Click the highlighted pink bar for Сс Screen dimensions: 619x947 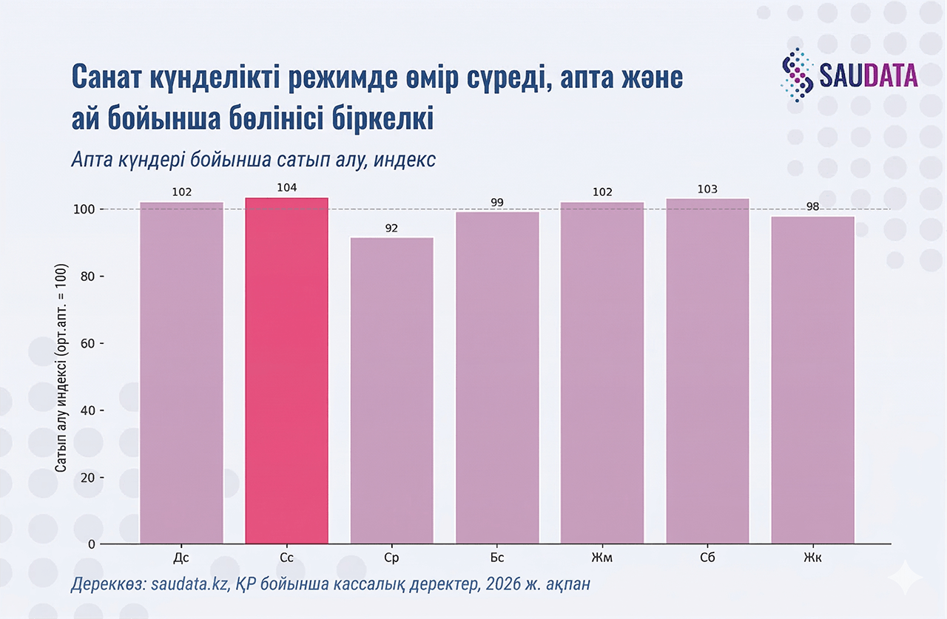286,370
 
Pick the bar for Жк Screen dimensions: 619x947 812,380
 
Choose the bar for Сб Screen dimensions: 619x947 707,371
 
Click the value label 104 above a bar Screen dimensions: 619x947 286,188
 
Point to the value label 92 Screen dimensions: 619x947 391,229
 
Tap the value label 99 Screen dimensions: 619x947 497,202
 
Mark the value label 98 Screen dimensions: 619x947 812,206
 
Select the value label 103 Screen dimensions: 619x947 707,189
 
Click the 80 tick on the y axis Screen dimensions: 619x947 87,277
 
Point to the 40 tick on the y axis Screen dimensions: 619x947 87,410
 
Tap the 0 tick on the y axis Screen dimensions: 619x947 90,544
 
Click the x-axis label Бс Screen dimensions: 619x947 497,557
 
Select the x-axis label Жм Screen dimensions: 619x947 602,557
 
